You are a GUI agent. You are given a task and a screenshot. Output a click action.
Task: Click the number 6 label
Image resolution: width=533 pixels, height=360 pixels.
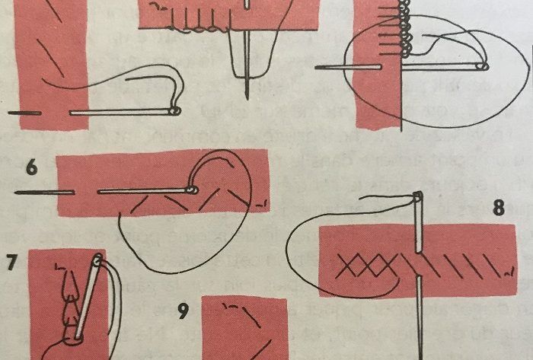30,165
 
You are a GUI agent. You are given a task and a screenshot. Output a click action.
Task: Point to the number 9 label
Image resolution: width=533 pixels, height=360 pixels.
183,311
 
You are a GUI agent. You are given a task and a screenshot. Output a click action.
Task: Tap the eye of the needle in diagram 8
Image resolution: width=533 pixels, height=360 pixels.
418,199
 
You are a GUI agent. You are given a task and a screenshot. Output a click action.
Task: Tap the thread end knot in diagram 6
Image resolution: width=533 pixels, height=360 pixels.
260,204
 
